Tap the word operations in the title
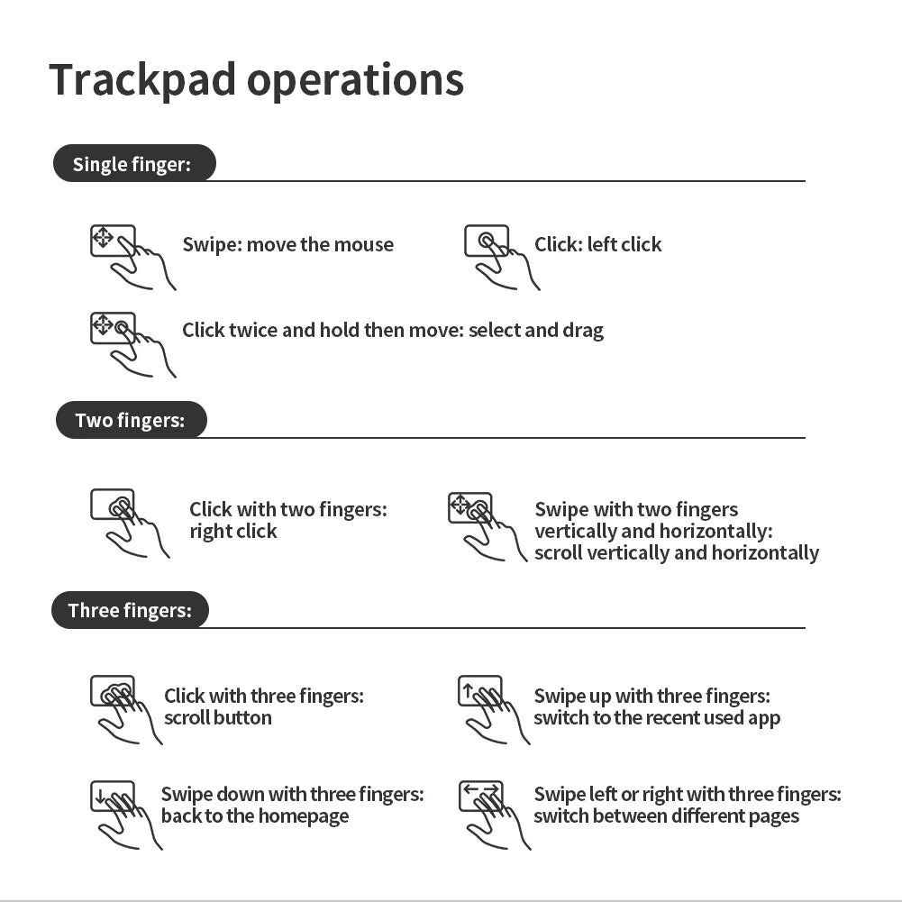point(355,81)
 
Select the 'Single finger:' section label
point(132,164)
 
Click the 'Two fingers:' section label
point(130,421)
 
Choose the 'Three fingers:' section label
point(130,611)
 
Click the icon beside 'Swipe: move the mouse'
point(132,257)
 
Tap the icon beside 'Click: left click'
point(501,257)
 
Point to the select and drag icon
point(132,343)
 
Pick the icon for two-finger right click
point(129,523)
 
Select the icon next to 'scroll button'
point(125,708)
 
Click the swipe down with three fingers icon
point(125,814)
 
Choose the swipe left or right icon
point(493,814)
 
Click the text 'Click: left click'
point(597,245)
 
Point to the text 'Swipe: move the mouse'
point(287,245)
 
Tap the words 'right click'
point(233,532)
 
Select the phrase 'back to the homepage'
point(255,817)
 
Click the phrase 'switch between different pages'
point(666,817)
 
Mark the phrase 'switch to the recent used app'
point(656,718)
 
